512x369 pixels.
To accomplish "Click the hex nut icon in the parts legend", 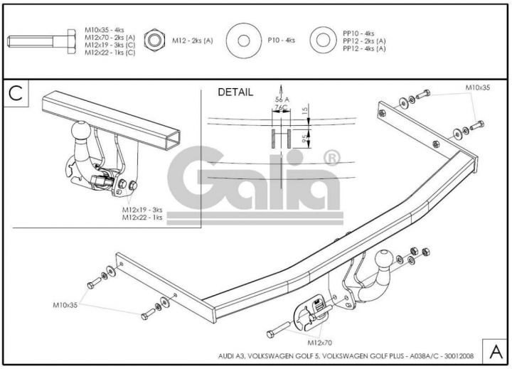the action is (154, 41).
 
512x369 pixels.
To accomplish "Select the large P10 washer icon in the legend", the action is (243, 41).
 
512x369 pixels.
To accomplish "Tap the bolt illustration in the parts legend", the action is (42, 41).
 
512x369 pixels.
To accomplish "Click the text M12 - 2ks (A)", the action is (193, 41).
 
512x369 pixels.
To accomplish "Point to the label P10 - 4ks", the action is (282, 40).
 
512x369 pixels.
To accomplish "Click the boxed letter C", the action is (16, 93).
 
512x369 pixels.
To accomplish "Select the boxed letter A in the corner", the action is (496, 352).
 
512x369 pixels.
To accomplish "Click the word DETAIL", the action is (235, 92).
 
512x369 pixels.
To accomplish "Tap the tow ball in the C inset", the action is (80, 132).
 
